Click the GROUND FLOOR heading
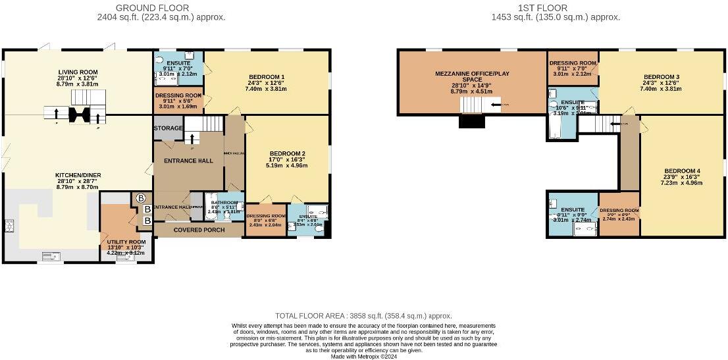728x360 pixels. (152, 8)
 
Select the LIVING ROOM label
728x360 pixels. (78, 72)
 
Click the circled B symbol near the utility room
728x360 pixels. (140, 197)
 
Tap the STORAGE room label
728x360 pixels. (168, 128)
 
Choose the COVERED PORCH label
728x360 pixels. (198, 230)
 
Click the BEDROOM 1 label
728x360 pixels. (267, 76)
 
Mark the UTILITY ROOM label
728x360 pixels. (126, 242)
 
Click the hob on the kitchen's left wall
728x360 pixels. (9, 226)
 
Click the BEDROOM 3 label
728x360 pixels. (662, 76)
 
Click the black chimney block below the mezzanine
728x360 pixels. (471, 122)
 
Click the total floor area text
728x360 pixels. (363, 316)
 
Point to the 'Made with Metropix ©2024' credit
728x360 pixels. (363, 356)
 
